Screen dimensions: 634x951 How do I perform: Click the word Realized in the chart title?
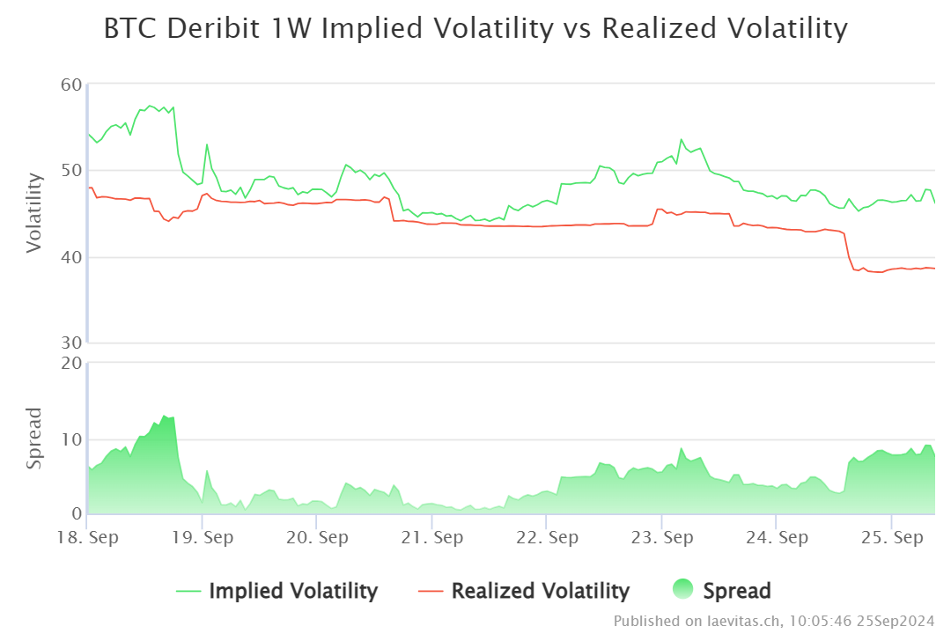click(x=661, y=29)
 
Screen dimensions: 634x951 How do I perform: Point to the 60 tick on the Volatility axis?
click(x=71, y=85)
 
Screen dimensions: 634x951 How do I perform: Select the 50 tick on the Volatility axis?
click(x=71, y=171)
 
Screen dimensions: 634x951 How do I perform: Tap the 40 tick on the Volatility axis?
click(x=71, y=257)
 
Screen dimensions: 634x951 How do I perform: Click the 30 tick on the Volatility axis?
click(x=71, y=343)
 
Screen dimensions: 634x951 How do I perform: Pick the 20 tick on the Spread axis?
click(x=71, y=363)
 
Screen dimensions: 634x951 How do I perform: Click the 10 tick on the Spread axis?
click(x=71, y=439)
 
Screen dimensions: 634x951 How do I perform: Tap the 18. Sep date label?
click(x=87, y=537)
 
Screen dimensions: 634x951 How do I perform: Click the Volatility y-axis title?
click(x=34, y=213)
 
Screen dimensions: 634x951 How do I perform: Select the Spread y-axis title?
click(x=34, y=438)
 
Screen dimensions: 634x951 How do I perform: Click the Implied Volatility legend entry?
click(x=292, y=591)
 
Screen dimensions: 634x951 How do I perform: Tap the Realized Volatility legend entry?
click(x=540, y=591)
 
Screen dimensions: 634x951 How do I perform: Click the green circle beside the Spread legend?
click(x=682, y=590)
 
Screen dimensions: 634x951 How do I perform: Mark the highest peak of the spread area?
click(x=164, y=416)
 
